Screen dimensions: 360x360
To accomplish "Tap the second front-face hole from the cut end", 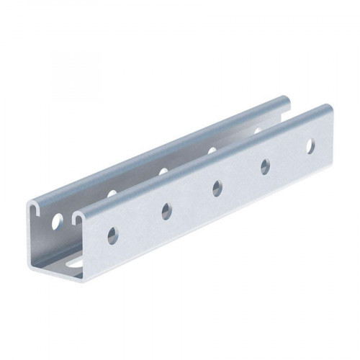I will tap(166, 211).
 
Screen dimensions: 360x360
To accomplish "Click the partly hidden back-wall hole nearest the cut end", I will tap(112, 194).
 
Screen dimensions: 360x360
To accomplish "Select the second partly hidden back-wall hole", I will tap(163, 171).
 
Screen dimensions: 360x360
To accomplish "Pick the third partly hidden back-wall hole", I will tap(212, 150).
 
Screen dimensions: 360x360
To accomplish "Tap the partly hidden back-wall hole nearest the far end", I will tap(257, 130).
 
